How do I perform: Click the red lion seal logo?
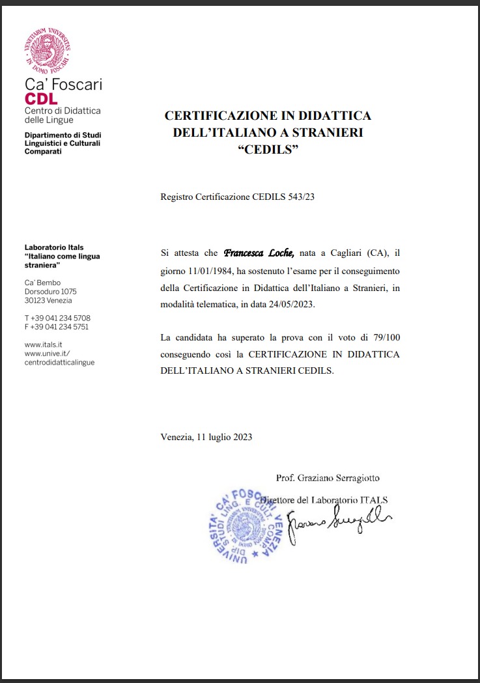[x=47, y=51]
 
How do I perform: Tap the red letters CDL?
[x=41, y=99]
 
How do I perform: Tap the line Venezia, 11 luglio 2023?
[x=206, y=437]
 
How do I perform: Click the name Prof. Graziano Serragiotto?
[x=328, y=478]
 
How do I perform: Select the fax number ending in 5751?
[x=57, y=327]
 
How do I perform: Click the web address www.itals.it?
[x=43, y=344]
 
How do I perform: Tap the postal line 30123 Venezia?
[x=48, y=301]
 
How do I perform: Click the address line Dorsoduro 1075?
[x=50, y=292]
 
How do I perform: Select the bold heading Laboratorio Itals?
[x=55, y=247]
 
